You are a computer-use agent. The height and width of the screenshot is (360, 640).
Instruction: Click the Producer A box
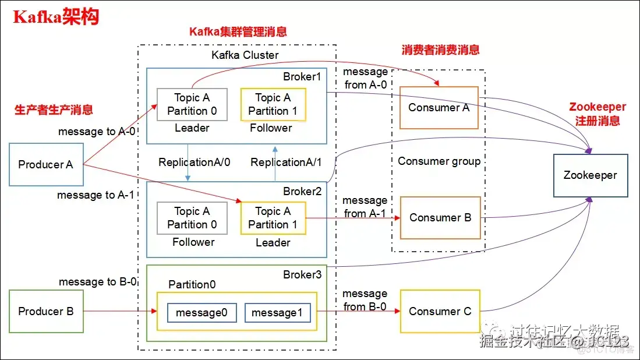[46, 165]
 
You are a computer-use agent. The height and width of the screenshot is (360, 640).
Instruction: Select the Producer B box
[46, 312]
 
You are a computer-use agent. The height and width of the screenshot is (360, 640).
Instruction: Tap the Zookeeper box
[590, 175]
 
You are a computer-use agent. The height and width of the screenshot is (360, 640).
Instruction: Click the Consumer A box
[439, 108]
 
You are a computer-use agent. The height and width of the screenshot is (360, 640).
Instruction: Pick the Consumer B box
[440, 218]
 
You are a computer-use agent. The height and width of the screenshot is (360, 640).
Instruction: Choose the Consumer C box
[440, 312]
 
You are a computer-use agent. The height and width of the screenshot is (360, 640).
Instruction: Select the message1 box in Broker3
[277, 313]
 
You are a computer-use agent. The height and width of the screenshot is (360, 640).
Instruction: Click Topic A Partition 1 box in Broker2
[273, 218]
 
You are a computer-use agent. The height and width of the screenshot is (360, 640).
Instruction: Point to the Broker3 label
[302, 274]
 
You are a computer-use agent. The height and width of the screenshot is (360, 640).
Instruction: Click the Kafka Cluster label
[245, 55]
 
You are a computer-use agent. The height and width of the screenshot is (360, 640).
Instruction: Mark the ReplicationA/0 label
[195, 163]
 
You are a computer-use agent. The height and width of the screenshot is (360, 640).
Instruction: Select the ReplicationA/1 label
[286, 163]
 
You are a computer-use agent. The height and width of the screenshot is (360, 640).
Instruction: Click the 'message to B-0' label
[98, 282]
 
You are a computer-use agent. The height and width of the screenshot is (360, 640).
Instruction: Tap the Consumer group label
[439, 161]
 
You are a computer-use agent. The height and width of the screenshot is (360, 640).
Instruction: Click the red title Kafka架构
[56, 17]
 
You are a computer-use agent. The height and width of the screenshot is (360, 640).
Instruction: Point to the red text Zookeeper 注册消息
[597, 114]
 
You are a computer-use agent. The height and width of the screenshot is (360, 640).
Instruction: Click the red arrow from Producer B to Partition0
[119, 312]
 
